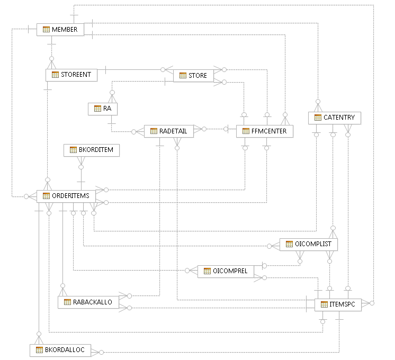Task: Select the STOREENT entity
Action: coord(71,75)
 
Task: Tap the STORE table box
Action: coord(193,76)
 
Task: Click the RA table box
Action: coord(102,109)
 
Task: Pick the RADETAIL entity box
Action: coord(168,131)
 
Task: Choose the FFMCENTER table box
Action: coord(264,131)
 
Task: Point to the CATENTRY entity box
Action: coord(334,118)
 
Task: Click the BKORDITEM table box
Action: coord(92,150)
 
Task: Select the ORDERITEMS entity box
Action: coord(66,196)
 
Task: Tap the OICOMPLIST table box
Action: coord(308,244)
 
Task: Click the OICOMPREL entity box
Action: coord(226,272)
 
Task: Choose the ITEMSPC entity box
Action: coord(337,304)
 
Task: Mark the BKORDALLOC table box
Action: coord(60,350)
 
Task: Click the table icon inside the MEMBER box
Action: coord(46,30)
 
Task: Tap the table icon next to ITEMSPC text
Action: coord(324,304)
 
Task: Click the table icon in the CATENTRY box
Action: coord(318,118)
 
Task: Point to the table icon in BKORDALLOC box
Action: coord(39,350)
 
